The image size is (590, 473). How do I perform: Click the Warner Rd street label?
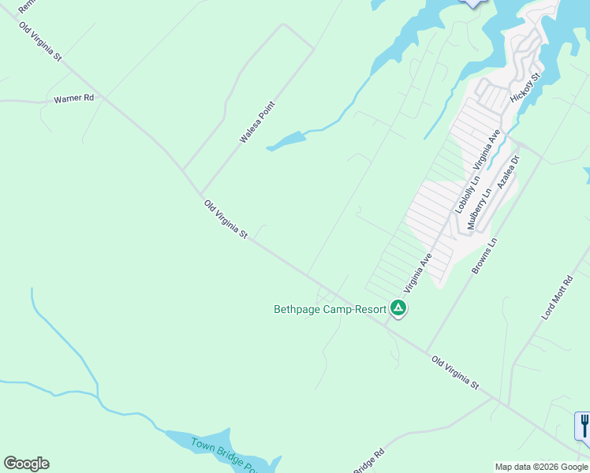click(73, 99)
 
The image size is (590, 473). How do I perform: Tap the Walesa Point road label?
click(256, 122)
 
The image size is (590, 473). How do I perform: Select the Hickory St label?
click(525, 88)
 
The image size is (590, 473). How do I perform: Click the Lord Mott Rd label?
click(557, 297)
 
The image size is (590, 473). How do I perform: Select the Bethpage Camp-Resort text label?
click(330, 309)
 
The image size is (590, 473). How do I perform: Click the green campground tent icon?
click(399, 308)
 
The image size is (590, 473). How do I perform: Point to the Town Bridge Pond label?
click(224, 453)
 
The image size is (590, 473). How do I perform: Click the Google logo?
click(26, 464)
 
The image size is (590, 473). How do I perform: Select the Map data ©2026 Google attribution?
click(542, 467)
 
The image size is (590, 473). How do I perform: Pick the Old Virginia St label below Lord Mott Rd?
click(455, 372)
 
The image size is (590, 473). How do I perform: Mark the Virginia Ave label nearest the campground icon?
click(418, 270)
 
